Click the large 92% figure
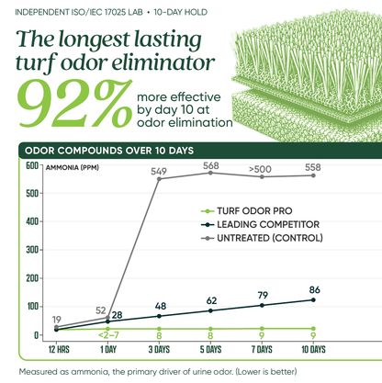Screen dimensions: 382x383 coord(74,103)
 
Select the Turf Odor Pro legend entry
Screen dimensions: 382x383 coord(247,211)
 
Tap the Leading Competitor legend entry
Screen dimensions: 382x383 coord(260,224)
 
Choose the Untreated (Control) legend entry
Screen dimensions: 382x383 coord(262,238)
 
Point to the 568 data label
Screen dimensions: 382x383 coord(211,165)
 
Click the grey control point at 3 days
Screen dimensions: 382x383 coord(159,179)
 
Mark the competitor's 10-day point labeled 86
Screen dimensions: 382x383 coord(313,299)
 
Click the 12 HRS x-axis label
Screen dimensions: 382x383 coord(59,349)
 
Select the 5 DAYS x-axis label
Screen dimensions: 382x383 coord(210,349)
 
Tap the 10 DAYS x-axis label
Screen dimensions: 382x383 coord(313,349)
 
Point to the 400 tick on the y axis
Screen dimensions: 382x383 coord(32,221)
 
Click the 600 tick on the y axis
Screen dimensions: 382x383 coord(32,165)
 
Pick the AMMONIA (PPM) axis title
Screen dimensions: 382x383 coord(73,167)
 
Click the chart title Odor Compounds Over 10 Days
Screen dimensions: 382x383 coord(109,151)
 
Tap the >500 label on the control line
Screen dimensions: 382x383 coord(260,169)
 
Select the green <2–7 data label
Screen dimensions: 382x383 coord(108,335)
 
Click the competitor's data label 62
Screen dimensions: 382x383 coord(211,300)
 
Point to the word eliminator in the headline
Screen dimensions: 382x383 coord(163,62)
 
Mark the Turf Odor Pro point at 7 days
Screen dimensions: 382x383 coord(262,329)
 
